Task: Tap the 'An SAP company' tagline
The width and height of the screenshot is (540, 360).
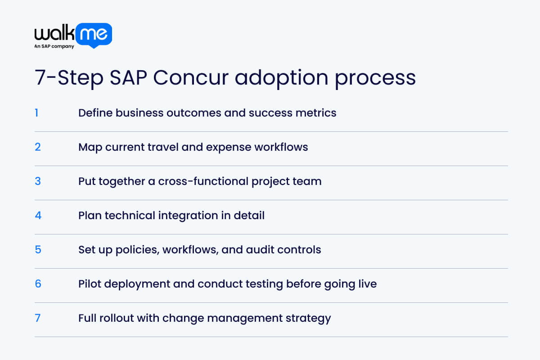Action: (54, 46)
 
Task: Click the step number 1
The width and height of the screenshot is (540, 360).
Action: (36, 112)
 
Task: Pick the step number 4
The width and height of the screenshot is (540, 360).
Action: (38, 215)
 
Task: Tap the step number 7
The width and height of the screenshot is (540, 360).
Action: (38, 318)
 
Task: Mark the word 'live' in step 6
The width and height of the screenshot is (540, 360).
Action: (366, 283)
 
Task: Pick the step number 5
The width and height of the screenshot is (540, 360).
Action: (38, 249)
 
